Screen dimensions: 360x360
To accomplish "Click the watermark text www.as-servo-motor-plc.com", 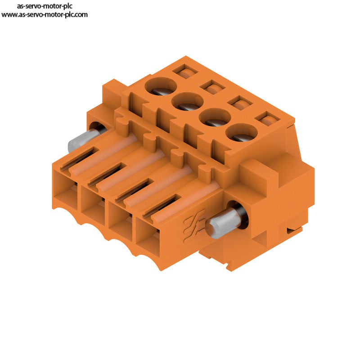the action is [x=44, y=15].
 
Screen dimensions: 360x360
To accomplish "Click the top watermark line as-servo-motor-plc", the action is [x=45, y=6].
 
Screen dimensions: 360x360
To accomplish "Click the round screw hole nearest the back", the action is [x=161, y=85].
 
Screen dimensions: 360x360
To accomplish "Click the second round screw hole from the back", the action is [x=188, y=101].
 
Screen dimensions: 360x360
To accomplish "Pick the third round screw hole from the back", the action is [x=215, y=117].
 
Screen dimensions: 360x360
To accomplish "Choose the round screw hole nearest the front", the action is [x=242, y=132].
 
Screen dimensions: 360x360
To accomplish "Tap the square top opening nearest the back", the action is [x=185, y=72].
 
